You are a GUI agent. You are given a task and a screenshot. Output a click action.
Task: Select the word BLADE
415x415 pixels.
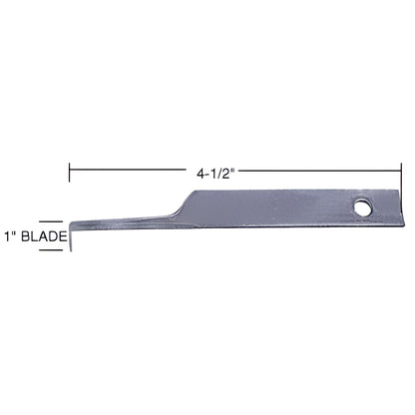pos(44,236)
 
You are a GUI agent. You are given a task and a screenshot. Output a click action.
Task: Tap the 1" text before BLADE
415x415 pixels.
pos(10,236)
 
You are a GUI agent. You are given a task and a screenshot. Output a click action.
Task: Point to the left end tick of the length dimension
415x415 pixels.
pos(69,173)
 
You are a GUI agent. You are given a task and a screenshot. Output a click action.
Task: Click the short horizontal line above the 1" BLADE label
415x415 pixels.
pos(51,221)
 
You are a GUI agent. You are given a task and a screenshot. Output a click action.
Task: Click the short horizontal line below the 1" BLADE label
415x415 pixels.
pos(51,250)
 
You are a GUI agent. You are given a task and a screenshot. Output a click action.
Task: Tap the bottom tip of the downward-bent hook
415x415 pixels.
pos(71,250)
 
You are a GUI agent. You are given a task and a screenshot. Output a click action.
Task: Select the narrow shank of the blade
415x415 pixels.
pos(127,222)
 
